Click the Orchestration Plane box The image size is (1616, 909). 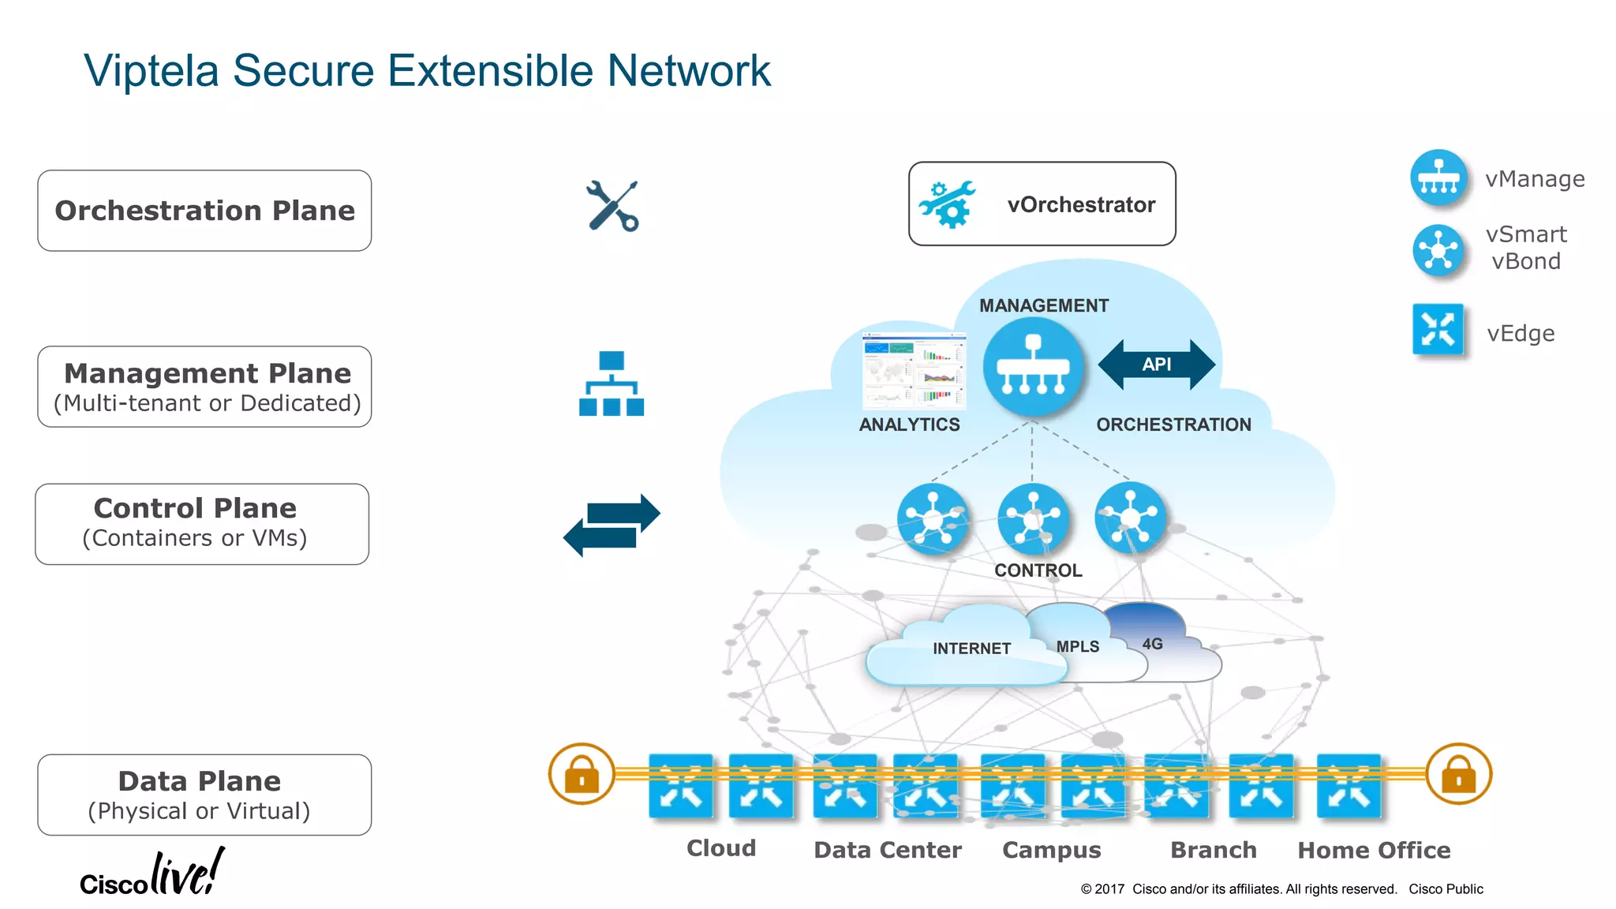[x=204, y=211]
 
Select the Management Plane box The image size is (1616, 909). [x=204, y=387]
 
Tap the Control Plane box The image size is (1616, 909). [x=202, y=524]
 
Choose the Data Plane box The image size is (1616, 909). [x=204, y=795]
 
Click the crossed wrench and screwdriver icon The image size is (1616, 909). [x=612, y=206]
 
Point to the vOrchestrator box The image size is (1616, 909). [x=1042, y=204]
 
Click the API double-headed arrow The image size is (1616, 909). [x=1156, y=365]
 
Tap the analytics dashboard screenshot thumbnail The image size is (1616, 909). [x=915, y=370]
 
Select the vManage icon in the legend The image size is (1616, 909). [x=1438, y=178]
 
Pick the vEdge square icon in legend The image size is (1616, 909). [x=1438, y=330]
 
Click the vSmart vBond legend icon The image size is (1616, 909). [x=1438, y=250]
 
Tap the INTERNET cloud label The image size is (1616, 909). [x=971, y=649]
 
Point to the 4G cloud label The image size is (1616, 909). [x=1152, y=644]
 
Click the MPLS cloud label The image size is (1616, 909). [x=1077, y=646]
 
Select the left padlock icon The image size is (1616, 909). [x=582, y=774]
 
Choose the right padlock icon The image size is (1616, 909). [x=1458, y=774]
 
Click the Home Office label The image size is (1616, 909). [x=1374, y=850]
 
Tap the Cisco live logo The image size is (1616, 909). [x=152, y=874]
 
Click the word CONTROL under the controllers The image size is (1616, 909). [x=1038, y=570]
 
